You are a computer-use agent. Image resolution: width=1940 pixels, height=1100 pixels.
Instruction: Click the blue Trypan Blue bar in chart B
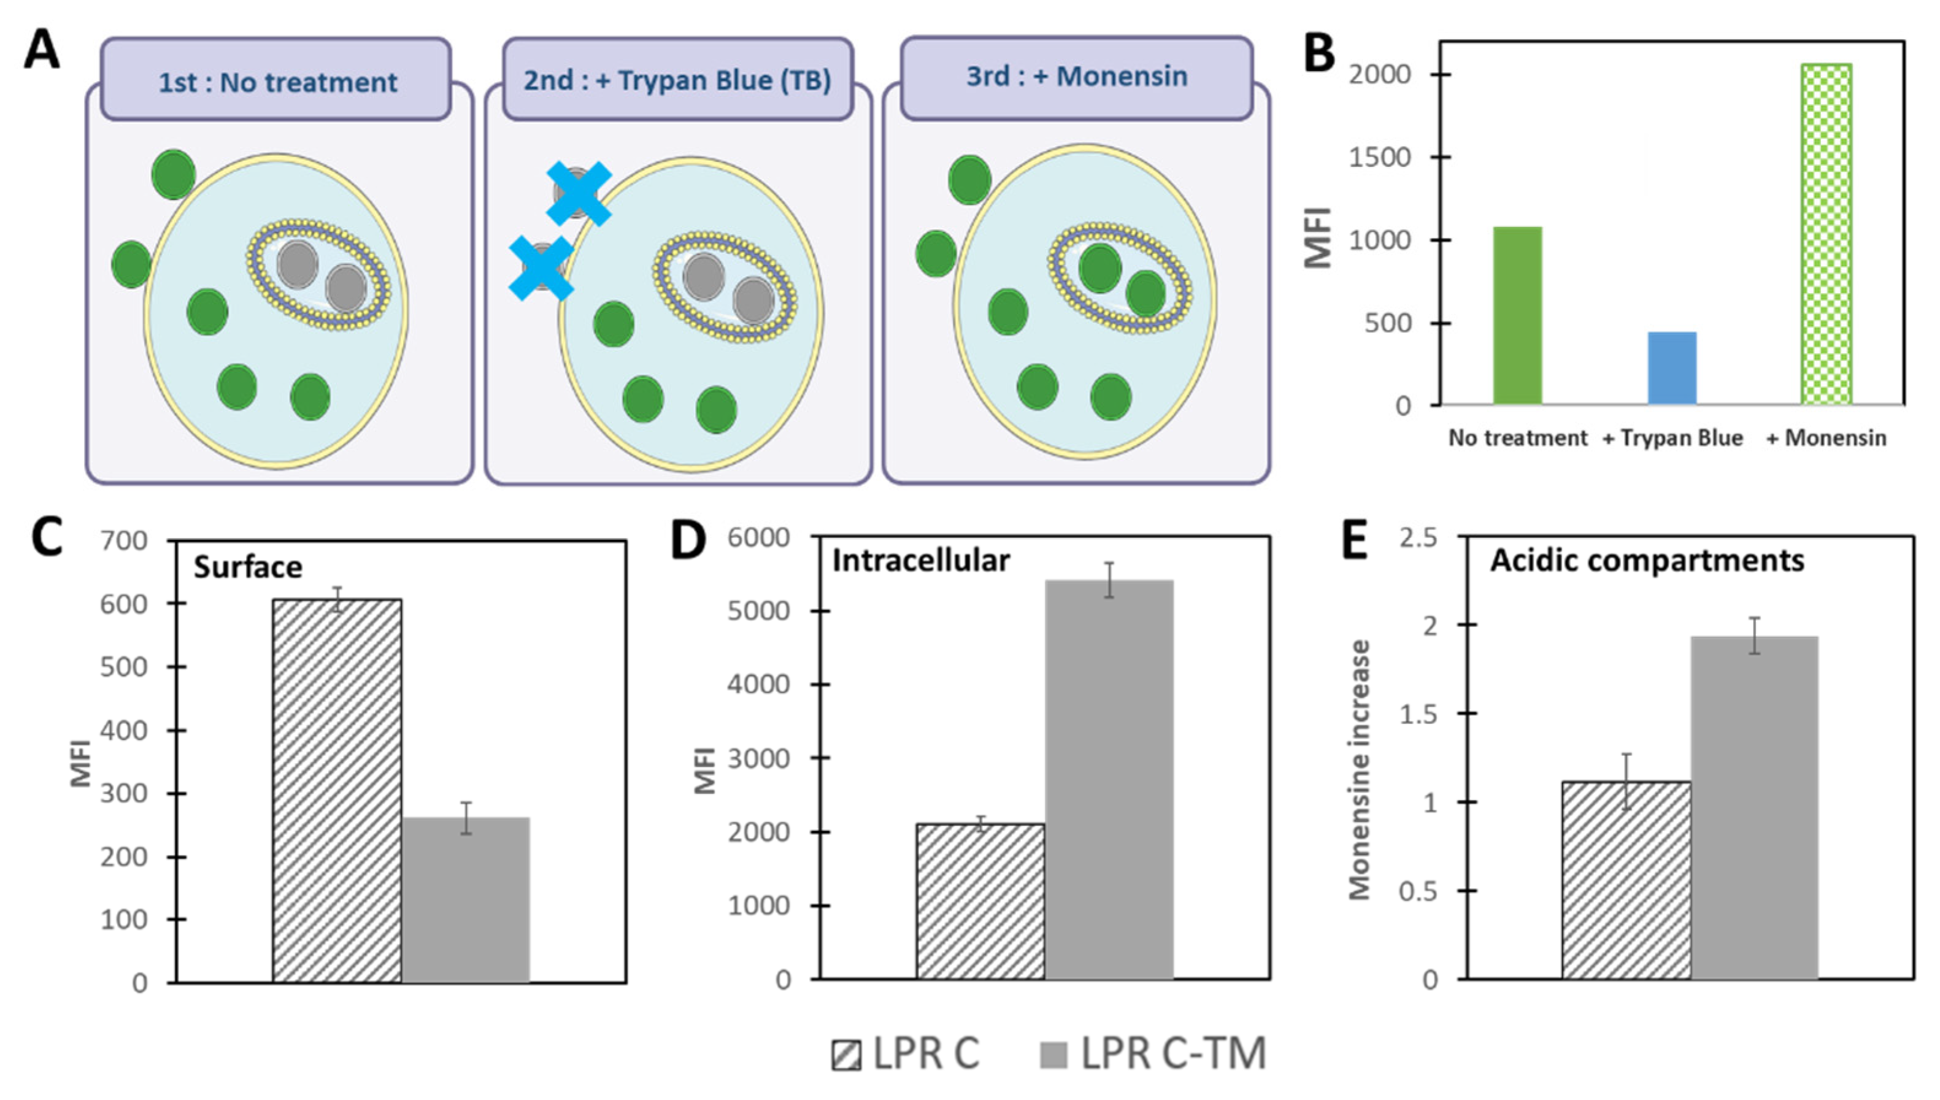[1671, 368]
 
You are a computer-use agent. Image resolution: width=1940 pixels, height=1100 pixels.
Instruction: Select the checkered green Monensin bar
[1826, 234]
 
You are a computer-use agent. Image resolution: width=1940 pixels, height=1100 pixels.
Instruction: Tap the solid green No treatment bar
[1517, 316]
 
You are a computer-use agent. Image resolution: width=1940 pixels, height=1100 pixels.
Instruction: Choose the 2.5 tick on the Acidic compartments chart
[1418, 538]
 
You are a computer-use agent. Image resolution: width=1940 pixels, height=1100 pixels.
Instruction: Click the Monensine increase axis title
[1359, 770]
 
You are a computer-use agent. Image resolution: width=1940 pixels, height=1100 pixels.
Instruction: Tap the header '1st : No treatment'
[277, 81]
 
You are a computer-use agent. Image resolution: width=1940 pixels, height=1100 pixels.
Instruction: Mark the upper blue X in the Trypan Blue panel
[578, 193]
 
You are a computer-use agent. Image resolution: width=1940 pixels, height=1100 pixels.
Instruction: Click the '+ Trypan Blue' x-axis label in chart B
[1672, 438]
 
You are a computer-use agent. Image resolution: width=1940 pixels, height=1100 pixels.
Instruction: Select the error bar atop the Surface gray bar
[466, 818]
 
